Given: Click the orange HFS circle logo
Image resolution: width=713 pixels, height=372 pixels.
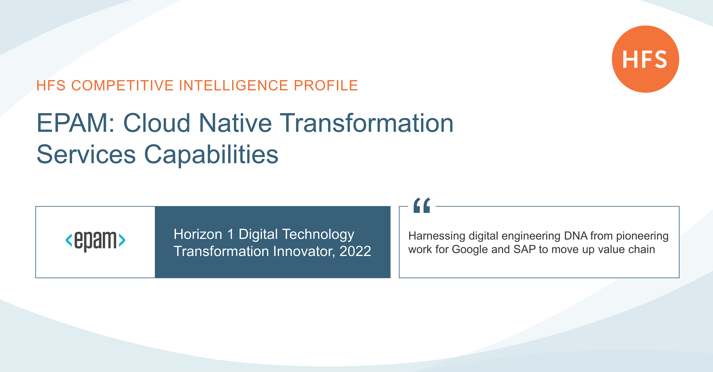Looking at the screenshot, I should click(645, 59).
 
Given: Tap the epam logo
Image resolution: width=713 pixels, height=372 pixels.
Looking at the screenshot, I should click(95, 240).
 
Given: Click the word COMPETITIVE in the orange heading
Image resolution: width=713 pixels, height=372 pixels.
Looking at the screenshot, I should click(123, 86).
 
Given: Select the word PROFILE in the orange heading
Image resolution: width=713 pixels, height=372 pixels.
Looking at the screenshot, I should click(326, 86).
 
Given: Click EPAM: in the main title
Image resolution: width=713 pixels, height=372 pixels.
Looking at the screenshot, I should click(76, 123).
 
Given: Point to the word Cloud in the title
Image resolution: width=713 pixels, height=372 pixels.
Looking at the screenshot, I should click(157, 123).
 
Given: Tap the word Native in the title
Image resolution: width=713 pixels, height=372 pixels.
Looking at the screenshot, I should click(235, 123).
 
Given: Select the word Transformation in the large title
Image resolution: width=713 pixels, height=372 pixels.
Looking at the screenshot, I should click(367, 123).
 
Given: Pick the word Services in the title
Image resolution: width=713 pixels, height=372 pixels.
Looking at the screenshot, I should click(86, 155).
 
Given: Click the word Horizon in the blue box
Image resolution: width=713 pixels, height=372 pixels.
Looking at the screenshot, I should click(198, 234).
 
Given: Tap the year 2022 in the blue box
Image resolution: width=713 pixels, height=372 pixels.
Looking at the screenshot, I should click(355, 251).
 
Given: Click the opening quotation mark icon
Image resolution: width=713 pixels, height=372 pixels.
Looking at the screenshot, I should click(422, 205).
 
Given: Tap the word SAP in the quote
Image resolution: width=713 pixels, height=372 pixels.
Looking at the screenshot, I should click(524, 250).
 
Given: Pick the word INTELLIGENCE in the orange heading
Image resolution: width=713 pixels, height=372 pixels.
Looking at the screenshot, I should click(234, 86).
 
